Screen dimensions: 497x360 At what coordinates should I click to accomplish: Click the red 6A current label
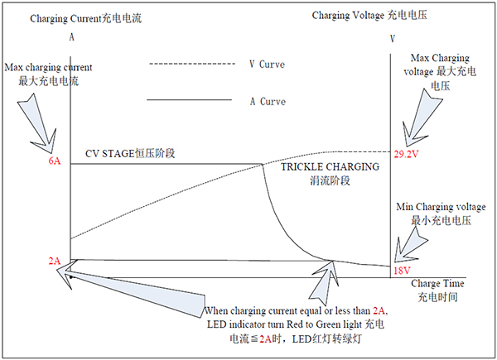coord(54,161)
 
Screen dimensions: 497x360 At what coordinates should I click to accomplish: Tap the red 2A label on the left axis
coord(54,261)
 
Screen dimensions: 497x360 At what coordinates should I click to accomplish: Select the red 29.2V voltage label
coord(406,154)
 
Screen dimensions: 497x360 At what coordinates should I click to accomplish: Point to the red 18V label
coord(402,271)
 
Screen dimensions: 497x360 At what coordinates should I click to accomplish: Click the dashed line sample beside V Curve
coord(192,64)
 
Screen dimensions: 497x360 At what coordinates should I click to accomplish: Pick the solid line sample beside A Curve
coord(189,100)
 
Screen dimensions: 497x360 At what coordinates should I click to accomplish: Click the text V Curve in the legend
coord(267,65)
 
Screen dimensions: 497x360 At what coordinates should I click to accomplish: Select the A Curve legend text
coord(268,102)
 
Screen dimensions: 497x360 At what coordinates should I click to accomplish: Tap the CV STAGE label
coord(130,154)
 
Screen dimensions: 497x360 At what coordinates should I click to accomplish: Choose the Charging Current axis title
coord(86,18)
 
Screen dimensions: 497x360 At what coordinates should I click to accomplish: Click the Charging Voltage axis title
coord(369,15)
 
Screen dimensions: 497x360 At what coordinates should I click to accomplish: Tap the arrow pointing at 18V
coord(409,246)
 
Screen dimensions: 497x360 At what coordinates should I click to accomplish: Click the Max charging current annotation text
coord(48,74)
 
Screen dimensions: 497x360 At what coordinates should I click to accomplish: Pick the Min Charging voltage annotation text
coord(441,214)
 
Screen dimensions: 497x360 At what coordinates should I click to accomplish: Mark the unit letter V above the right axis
coord(393,39)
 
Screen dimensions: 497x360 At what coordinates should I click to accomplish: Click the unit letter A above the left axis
coord(71,37)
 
